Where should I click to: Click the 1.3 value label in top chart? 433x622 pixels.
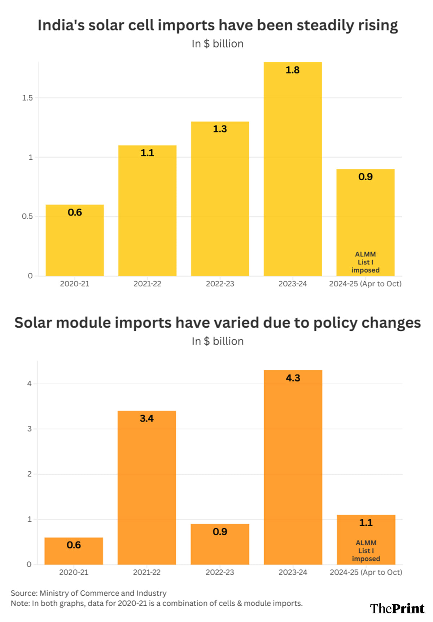point(220,129)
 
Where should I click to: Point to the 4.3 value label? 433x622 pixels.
point(293,378)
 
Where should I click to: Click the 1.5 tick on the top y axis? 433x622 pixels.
point(27,98)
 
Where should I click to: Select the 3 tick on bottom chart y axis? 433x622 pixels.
point(29,429)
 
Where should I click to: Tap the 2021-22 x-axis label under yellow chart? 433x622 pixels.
point(147,284)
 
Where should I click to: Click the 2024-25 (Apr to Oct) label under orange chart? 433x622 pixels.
point(366,572)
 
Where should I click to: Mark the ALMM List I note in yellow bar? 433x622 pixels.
point(365,262)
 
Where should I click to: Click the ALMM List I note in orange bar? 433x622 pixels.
point(366,551)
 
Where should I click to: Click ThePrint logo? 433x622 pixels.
point(397,609)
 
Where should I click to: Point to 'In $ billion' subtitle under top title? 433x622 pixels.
point(217,44)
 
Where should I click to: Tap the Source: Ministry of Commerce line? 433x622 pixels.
point(88,593)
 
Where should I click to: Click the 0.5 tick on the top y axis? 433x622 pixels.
point(27,216)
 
